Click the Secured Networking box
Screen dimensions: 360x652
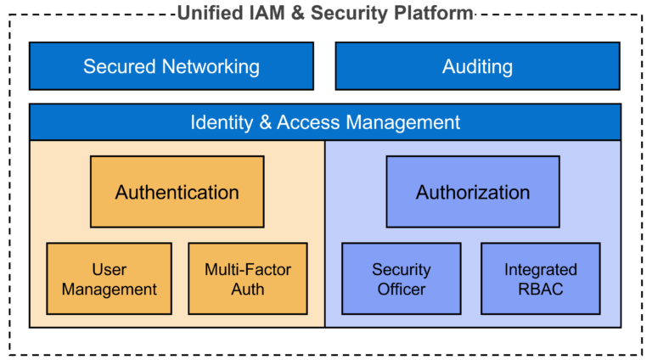pos(171,66)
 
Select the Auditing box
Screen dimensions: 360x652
pos(477,66)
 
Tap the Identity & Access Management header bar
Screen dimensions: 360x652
pos(325,122)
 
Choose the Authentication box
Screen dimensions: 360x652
pos(177,192)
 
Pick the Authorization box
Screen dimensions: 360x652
pos(473,192)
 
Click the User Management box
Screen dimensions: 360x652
pos(109,279)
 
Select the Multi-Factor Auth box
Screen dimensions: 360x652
pos(247,279)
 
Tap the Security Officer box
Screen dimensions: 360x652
pos(401,279)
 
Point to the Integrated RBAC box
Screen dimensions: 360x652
pos(540,279)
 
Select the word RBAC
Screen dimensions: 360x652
pos(540,290)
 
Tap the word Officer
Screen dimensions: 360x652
pos(401,290)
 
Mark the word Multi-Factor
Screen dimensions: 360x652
pos(247,270)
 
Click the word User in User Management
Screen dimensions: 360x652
pos(109,270)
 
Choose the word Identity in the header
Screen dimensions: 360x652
pos(220,122)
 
